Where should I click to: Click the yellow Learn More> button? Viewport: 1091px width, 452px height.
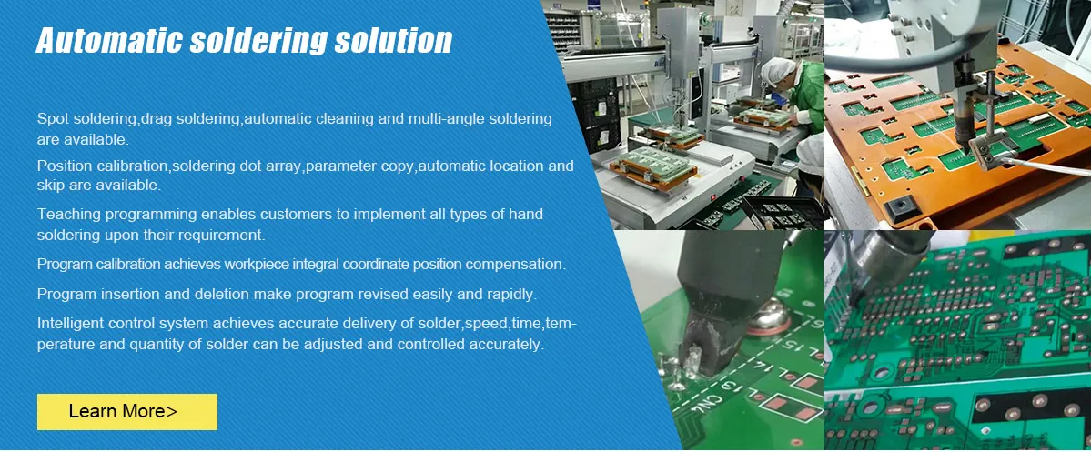[x=126, y=411]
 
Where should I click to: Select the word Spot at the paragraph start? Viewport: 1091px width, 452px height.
[x=52, y=119]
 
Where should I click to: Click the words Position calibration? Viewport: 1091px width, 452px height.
[x=102, y=166]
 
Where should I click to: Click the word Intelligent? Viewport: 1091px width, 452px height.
[x=72, y=324]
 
